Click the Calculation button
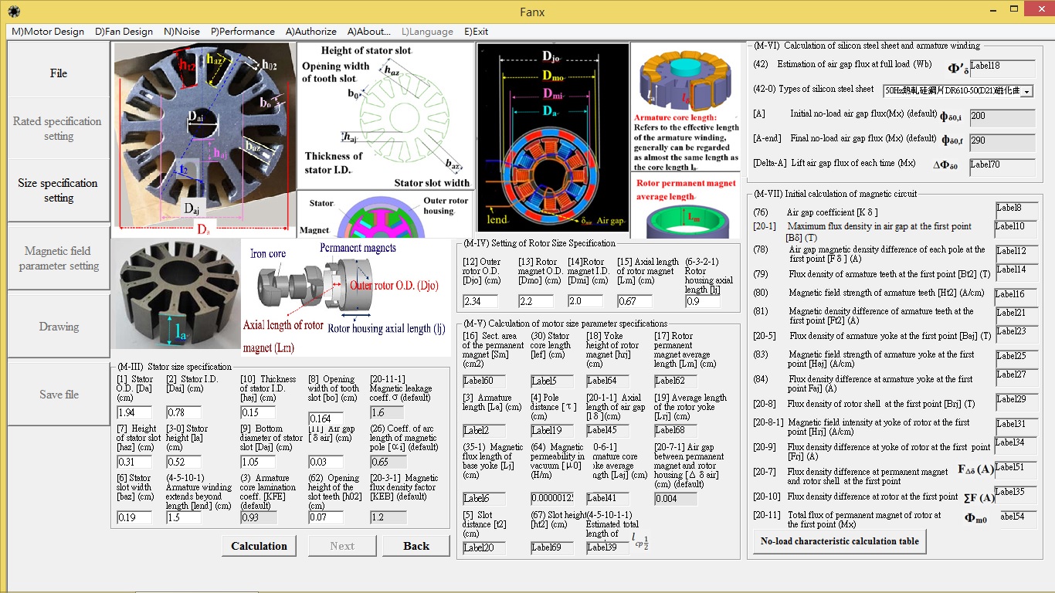point(259,546)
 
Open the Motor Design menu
point(48,32)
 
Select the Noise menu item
point(181,32)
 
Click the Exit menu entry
point(476,32)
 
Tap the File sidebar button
point(59,73)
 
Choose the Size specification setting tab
point(59,191)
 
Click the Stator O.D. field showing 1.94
point(134,412)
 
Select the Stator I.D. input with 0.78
point(183,412)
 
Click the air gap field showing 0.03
point(325,462)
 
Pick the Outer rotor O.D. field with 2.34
point(480,301)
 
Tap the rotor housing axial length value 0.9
point(702,301)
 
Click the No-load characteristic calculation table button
point(840,540)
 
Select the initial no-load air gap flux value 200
point(1002,118)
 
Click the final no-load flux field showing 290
point(1002,143)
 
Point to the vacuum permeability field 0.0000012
point(551,499)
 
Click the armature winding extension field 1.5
point(183,517)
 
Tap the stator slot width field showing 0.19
point(134,517)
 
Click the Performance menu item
point(243,32)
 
